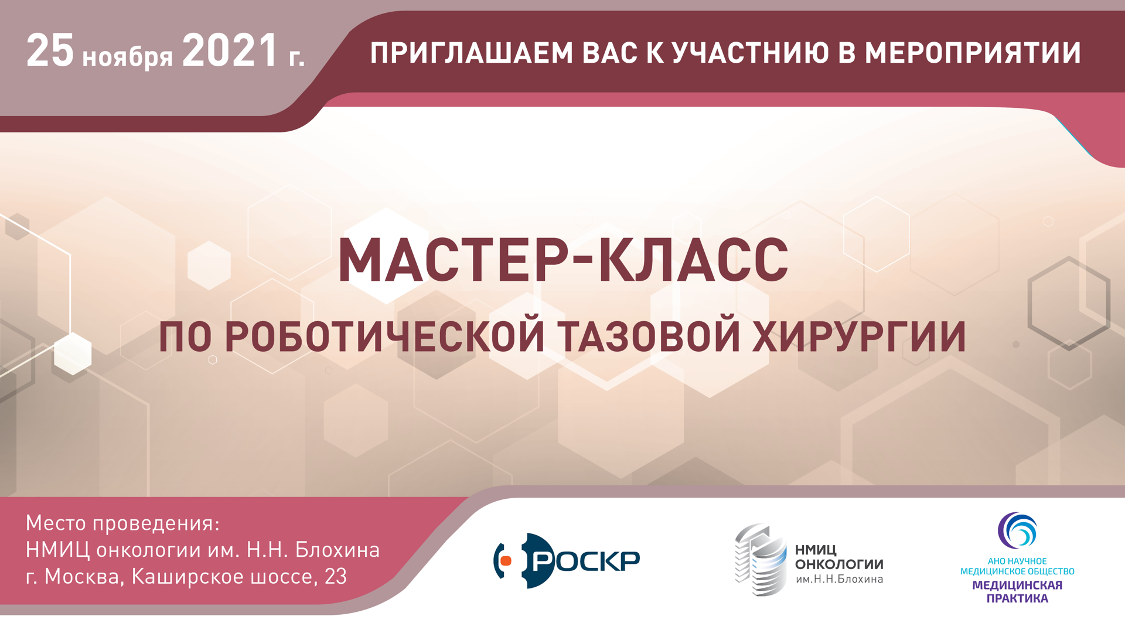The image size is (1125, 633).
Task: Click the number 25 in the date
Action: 50,50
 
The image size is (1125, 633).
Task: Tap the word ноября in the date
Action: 128,56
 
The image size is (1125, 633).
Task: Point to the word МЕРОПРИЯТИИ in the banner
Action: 973,53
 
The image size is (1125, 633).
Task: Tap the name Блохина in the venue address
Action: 337,550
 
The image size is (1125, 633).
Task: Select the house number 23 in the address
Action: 336,577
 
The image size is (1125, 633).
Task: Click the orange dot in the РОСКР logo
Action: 506,561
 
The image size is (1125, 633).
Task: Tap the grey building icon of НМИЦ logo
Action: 761,560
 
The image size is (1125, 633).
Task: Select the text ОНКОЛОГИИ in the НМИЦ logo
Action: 839,564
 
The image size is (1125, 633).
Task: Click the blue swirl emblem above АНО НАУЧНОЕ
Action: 1017,531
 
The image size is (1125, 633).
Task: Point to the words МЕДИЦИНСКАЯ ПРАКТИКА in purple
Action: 1017,591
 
